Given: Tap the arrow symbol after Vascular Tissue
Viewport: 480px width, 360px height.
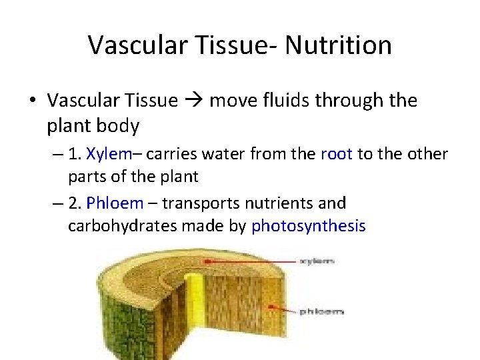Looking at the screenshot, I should point(193,101).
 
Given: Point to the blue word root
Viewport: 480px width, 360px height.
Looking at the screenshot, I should point(337,154).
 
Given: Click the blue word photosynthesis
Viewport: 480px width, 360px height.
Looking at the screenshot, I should point(308,226).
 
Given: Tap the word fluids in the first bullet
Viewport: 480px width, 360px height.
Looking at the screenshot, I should point(270,101).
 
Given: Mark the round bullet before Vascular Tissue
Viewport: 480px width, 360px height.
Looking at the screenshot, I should point(32,101).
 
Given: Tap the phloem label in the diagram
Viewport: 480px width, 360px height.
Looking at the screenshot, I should point(321,311).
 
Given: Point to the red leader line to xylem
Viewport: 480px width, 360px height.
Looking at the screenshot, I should point(247,261).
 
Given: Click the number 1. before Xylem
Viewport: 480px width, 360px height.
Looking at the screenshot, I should point(75,154).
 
